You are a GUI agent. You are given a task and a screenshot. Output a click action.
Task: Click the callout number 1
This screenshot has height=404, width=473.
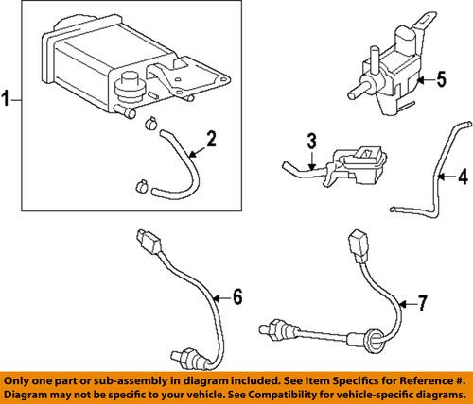pos(9,98)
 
